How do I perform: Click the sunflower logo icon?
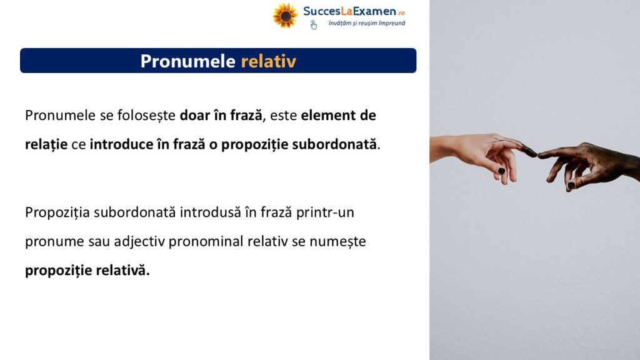tap(285, 16)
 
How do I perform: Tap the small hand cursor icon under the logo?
tap(314, 25)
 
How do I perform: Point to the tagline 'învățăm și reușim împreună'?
tap(367, 23)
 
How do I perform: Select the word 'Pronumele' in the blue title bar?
tap(187, 61)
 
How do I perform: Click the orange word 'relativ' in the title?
tap(269, 61)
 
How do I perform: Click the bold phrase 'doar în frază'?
tap(221, 116)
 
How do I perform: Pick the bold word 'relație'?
tap(46, 144)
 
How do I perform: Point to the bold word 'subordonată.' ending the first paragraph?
tap(336, 144)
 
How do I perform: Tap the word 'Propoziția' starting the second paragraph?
tap(57, 212)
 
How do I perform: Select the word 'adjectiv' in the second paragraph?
tap(139, 242)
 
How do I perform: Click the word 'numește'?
tap(337, 242)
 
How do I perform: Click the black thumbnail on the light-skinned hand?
tap(502, 171)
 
